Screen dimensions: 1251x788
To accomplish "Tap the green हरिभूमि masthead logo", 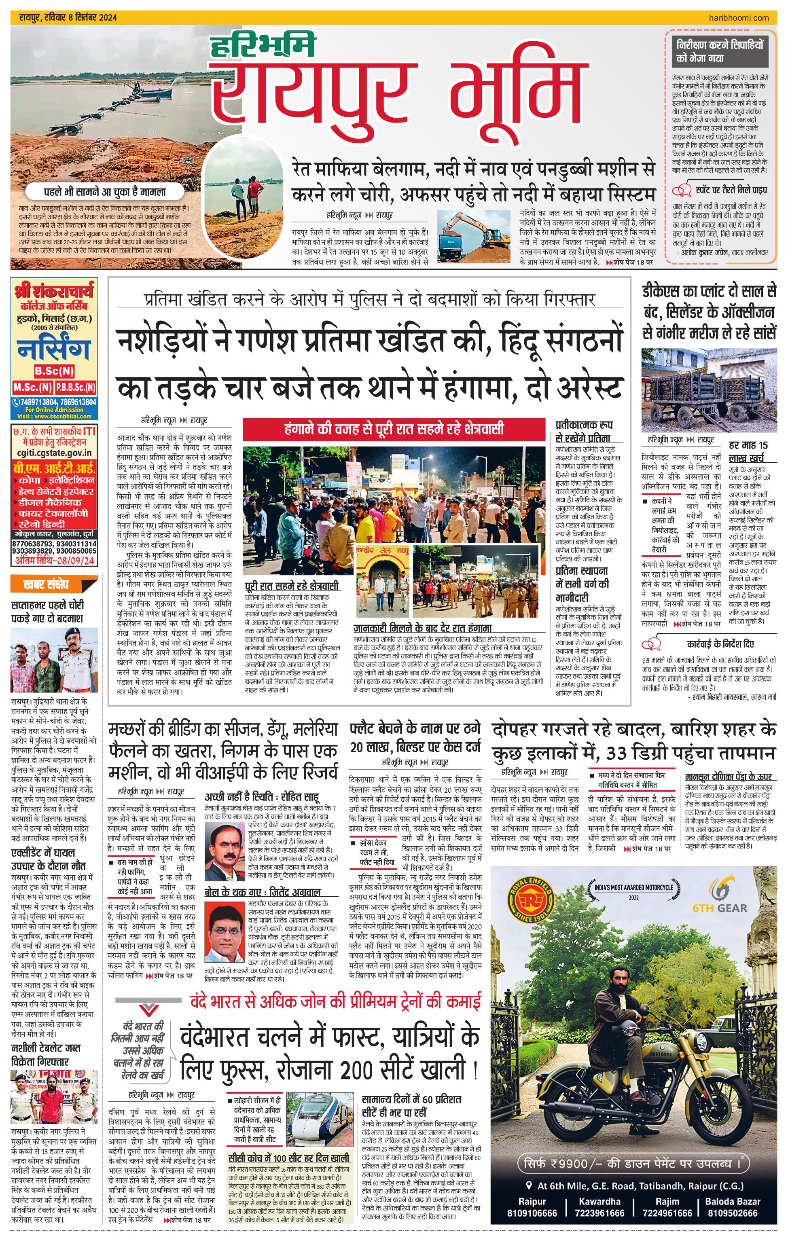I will tap(263, 44).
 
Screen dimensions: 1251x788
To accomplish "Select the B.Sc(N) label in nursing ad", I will tap(55, 371).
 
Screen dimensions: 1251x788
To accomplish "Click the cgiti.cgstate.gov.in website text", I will tap(54, 453).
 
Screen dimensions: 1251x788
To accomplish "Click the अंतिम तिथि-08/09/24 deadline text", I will tap(55, 560).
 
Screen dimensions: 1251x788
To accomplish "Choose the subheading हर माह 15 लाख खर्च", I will tap(748, 451).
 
